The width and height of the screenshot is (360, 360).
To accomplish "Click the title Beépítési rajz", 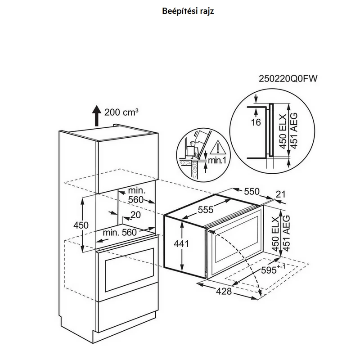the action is click(188, 11).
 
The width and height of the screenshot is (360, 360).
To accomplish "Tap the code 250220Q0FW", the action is click(288, 79).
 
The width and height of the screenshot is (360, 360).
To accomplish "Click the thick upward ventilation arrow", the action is click(97, 116).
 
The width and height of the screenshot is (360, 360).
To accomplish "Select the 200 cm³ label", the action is click(121, 112).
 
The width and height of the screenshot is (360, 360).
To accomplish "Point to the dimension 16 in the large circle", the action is click(256, 122).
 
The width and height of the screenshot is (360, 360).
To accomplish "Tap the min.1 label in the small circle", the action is click(217, 160).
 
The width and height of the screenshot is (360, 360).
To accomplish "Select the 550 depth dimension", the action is click(252, 191).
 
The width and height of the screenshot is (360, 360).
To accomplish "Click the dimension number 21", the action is click(280, 194).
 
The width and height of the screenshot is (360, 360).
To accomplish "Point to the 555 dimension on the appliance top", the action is click(206, 209).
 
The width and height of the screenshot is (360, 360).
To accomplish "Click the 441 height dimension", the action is click(181, 243).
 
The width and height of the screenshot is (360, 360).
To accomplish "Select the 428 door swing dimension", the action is click(224, 291).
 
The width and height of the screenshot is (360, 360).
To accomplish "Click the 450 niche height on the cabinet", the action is click(81, 225).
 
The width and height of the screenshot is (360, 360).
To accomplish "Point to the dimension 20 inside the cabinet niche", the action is click(135, 215).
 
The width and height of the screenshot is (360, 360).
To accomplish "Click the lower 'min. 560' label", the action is click(120, 233).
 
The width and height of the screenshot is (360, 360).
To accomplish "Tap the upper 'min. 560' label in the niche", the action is click(136, 195).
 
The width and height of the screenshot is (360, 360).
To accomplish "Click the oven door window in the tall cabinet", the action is click(130, 270).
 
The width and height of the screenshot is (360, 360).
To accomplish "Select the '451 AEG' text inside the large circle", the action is click(294, 131).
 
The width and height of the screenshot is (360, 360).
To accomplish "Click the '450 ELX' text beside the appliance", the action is click(275, 233).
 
